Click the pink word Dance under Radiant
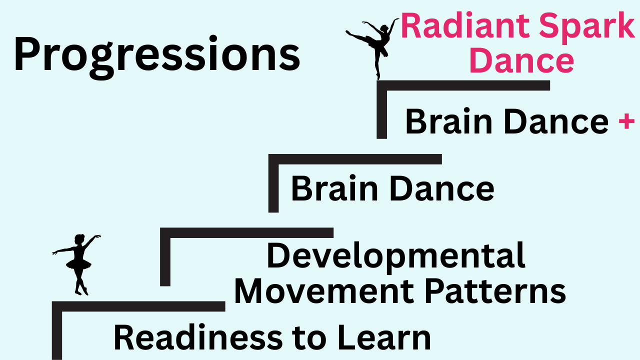click(521, 59)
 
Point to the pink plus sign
click(626, 120)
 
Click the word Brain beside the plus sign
click(448, 121)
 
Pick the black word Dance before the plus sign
click(556, 121)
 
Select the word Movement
click(324, 291)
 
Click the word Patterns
click(495, 291)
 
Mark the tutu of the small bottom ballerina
click(78, 264)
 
